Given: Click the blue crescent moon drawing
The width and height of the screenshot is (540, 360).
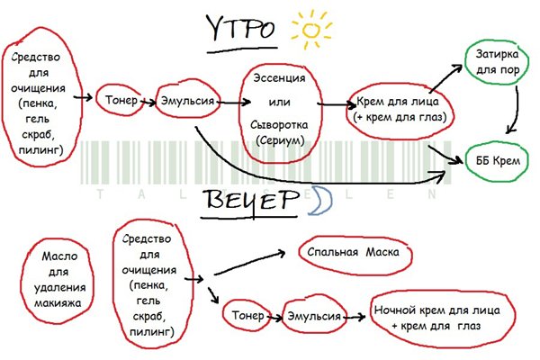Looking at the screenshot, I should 319,205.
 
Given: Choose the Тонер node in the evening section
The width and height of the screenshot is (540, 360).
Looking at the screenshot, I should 247,316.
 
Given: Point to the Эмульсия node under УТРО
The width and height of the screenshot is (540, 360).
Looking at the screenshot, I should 187,102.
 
